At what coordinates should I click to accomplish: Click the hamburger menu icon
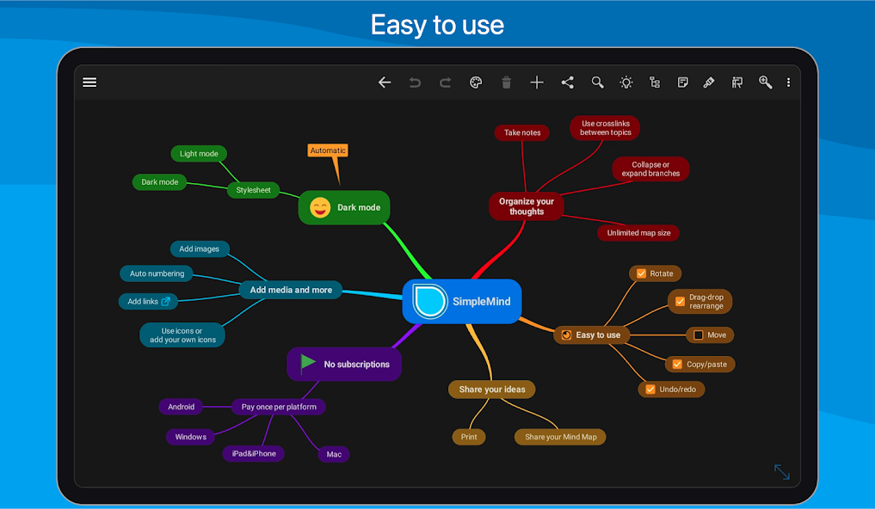[89, 83]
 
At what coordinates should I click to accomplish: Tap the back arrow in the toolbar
[385, 83]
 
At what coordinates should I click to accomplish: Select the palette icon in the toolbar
[476, 83]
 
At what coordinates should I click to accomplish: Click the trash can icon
[506, 83]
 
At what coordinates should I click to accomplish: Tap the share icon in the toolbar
[568, 83]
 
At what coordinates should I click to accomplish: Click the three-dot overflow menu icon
[788, 83]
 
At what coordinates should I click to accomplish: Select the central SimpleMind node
[462, 301]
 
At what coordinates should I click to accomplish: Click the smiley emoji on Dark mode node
[320, 207]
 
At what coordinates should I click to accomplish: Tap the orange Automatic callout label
[328, 150]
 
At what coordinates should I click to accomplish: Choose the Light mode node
[199, 154]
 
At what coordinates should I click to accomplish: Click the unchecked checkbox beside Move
[698, 335]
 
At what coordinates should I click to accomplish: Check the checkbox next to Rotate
[641, 273]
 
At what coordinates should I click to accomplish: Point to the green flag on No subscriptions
[307, 364]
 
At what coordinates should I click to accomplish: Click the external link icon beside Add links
[166, 302]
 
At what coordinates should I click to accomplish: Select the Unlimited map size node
[638, 233]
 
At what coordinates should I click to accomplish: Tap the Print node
[469, 437]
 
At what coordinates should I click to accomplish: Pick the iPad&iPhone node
[254, 454]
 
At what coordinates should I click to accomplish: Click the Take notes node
[521, 132]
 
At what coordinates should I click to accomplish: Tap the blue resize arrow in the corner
[782, 472]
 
